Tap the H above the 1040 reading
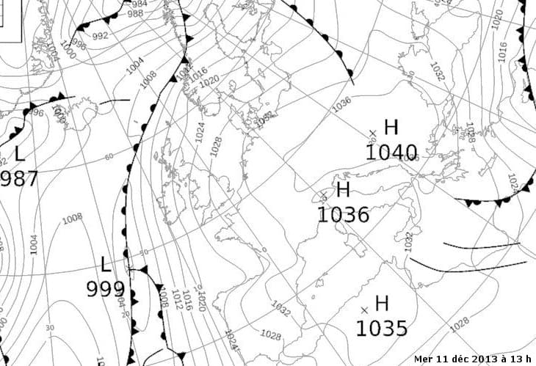[x=391, y=127]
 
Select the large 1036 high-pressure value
[x=343, y=214]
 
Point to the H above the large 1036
[x=343, y=190]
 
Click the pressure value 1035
[x=381, y=328]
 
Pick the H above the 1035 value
[x=382, y=303]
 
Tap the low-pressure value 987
[x=18, y=178]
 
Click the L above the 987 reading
[x=19, y=154]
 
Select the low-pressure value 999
[x=105, y=289]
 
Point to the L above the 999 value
[x=106, y=265]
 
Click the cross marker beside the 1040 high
[x=372, y=133]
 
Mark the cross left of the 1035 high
[x=364, y=310]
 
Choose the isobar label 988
[x=135, y=14]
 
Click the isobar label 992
[x=101, y=35]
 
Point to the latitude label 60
[x=109, y=157]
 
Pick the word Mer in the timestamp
[x=424, y=359]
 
